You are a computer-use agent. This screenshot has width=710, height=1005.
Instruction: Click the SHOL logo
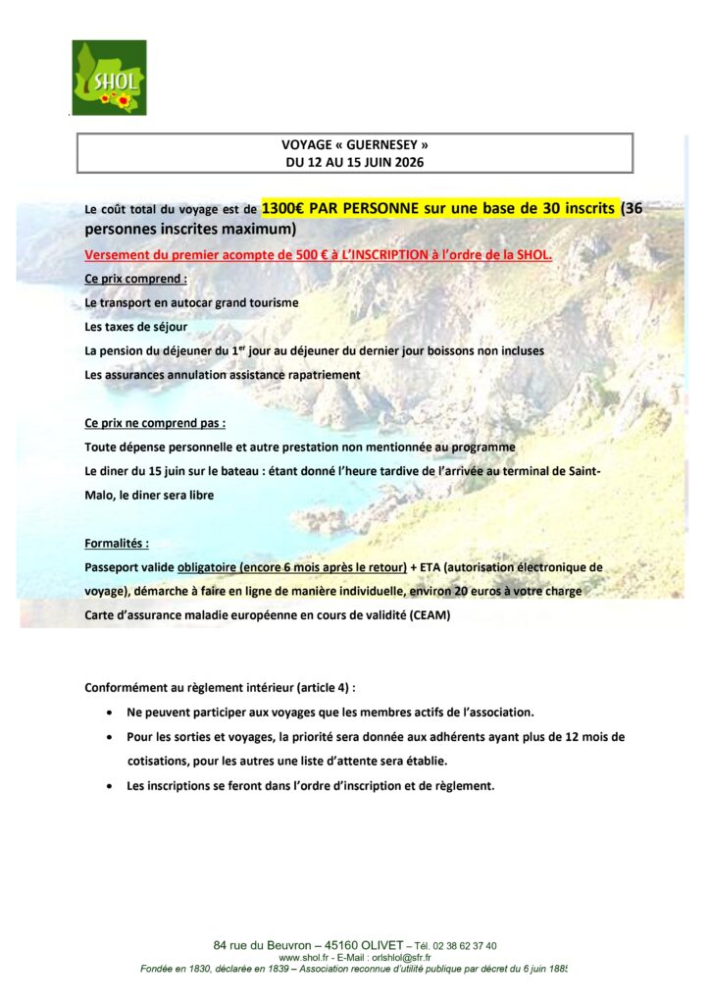tap(109, 78)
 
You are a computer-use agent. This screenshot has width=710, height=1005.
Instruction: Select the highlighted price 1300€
tap(283, 208)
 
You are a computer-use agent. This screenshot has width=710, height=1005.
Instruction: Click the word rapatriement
tap(319, 374)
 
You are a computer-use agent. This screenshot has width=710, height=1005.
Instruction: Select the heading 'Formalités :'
tap(118, 543)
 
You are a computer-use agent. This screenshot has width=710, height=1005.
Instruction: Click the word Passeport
tap(114, 567)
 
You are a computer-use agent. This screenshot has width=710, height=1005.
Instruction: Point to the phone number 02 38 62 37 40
tap(464, 946)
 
